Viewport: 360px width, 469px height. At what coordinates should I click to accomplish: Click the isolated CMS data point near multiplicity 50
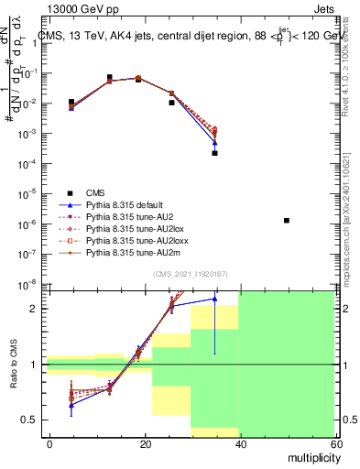point(287,221)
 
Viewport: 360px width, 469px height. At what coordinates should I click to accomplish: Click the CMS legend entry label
point(95,192)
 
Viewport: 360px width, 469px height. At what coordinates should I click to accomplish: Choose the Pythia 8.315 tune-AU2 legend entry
point(128,217)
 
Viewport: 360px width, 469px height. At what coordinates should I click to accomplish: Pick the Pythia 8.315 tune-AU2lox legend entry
point(131,229)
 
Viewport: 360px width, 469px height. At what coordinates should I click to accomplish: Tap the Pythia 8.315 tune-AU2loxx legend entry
point(134,241)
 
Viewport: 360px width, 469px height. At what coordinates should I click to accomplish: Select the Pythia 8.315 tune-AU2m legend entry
point(129,253)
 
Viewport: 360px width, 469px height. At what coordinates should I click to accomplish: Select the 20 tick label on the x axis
point(145,443)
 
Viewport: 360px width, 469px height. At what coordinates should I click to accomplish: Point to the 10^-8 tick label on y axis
point(30,283)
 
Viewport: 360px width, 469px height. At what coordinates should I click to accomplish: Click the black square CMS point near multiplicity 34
point(214,153)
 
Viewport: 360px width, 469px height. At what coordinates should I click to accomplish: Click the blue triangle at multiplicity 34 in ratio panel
point(214,299)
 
